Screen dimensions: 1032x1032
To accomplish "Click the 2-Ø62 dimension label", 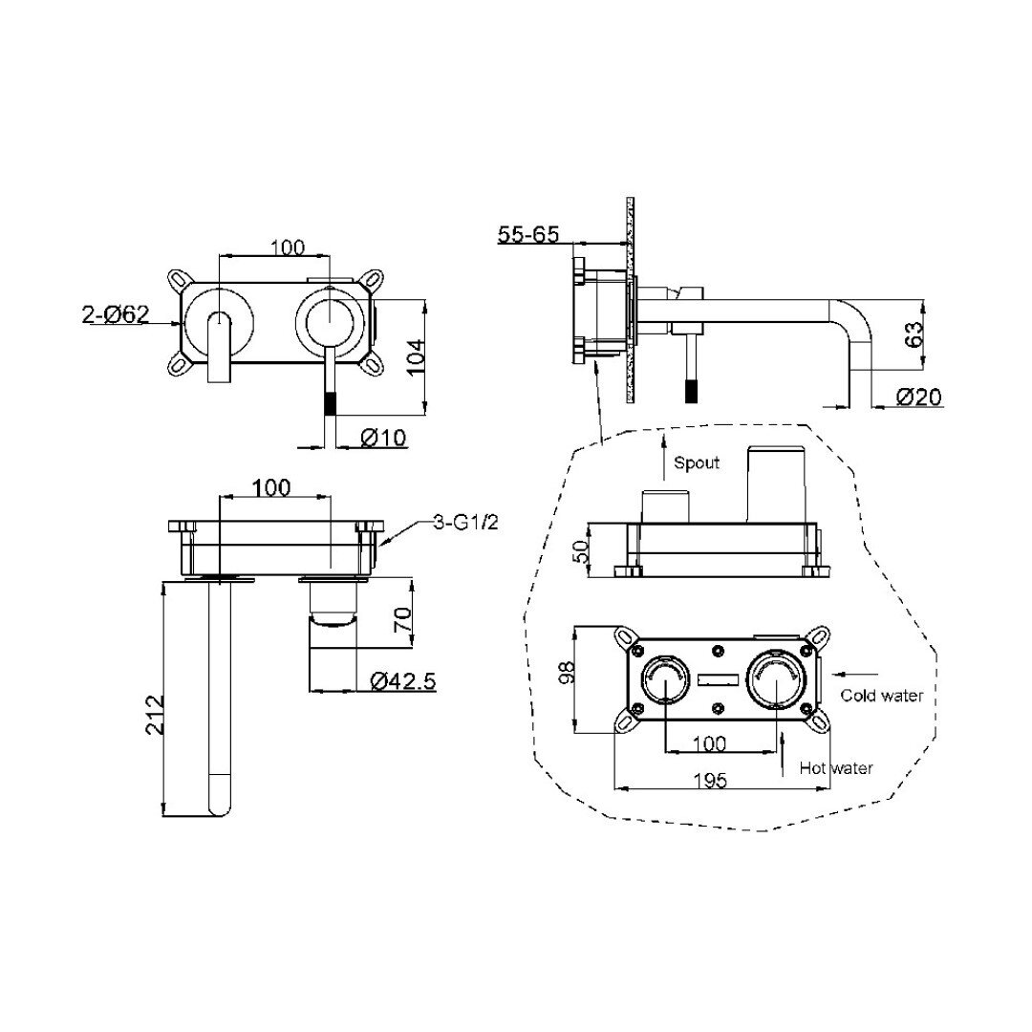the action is click(x=116, y=314).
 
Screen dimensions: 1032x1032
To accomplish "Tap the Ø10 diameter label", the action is click(x=384, y=437).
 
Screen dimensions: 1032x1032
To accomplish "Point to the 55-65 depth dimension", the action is click(x=527, y=234).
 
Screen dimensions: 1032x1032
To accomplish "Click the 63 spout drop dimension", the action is click(x=914, y=334).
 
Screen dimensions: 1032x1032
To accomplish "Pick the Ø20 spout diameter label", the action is click(x=919, y=397).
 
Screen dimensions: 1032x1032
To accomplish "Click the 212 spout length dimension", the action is click(x=153, y=715).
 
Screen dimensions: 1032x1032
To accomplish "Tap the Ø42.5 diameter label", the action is click(x=403, y=680).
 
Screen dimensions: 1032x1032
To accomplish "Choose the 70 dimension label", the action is click(x=402, y=620).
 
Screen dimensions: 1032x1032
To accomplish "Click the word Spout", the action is click(x=697, y=462).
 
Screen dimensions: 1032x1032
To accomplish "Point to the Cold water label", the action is click(x=882, y=695).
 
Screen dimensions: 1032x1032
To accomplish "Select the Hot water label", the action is click(x=836, y=767).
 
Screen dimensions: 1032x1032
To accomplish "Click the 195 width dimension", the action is click(x=711, y=781).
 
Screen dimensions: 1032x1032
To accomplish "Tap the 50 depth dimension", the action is click(x=580, y=551).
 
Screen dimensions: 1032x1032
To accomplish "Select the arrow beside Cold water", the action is click(x=855, y=674).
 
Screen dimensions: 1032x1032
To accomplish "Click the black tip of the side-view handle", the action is click(x=691, y=392).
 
